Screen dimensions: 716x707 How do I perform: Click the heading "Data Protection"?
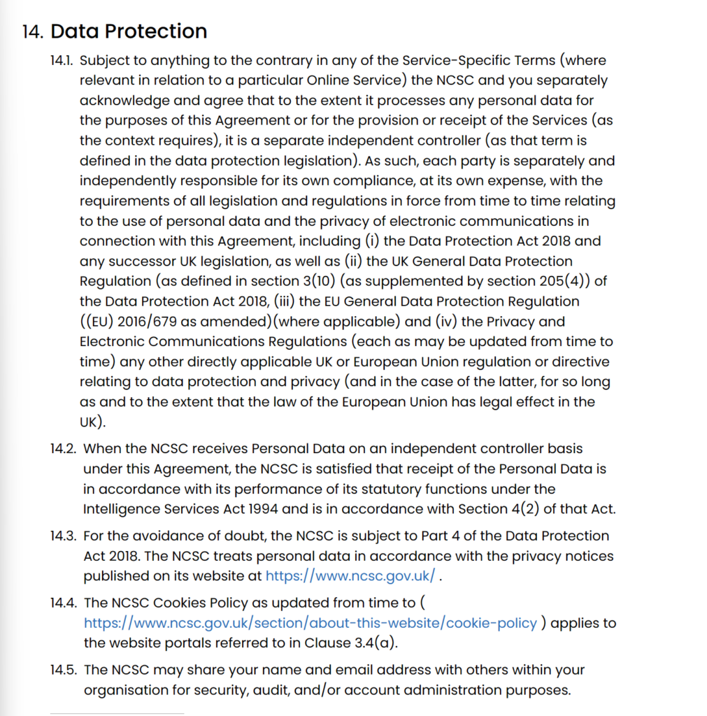tap(129, 31)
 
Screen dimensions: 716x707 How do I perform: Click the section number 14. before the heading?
tap(33, 32)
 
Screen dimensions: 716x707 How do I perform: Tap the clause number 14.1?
tap(62, 61)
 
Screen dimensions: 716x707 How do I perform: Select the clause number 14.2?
tap(64, 448)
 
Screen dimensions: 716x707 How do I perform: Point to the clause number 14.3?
tap(64, 536)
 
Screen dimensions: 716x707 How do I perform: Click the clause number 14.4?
tap(64, 603)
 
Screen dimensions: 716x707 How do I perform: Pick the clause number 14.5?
tap(64, 670)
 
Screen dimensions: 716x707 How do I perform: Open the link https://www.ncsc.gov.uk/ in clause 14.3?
tap(350, 577)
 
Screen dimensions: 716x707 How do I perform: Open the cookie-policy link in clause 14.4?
tap(310, 623)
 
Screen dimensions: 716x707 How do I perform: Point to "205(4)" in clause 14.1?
tap(564, 282)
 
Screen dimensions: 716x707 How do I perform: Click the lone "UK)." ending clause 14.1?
tap(93, 423)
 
